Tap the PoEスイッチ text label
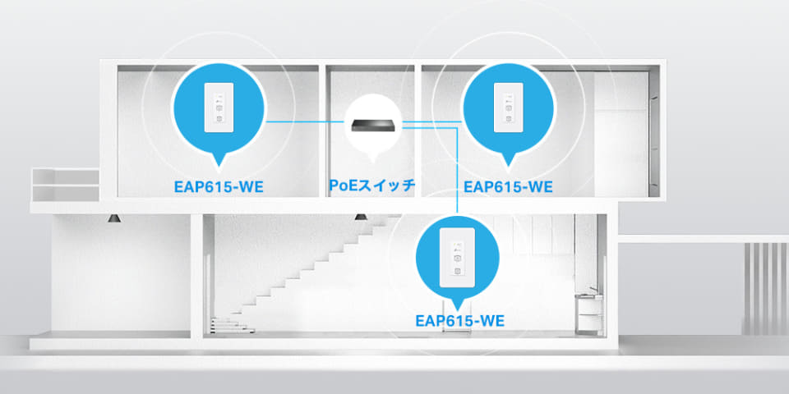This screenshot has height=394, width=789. coord(371,186)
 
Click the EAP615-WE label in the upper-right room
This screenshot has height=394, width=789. coord(507,186)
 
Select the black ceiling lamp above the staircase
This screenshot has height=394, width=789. coord(359,217)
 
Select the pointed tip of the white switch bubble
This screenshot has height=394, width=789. coord(375,158)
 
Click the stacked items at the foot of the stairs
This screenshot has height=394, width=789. coord(226,327)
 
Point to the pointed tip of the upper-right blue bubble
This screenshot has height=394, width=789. coord(507,161)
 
